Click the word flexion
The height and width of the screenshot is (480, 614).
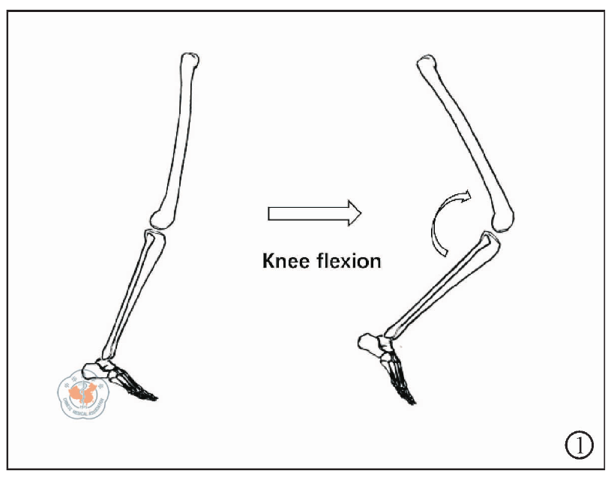coord(348,262)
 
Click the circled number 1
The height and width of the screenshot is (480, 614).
coord(578,446)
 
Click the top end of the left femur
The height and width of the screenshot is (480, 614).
coord(191,60)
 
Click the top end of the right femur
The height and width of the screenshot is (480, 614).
coord(427,64)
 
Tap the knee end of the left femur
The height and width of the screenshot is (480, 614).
coord(161,217)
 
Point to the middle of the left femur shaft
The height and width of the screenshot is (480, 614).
coord(177,139)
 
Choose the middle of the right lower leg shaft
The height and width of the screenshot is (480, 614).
coord(439,289)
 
